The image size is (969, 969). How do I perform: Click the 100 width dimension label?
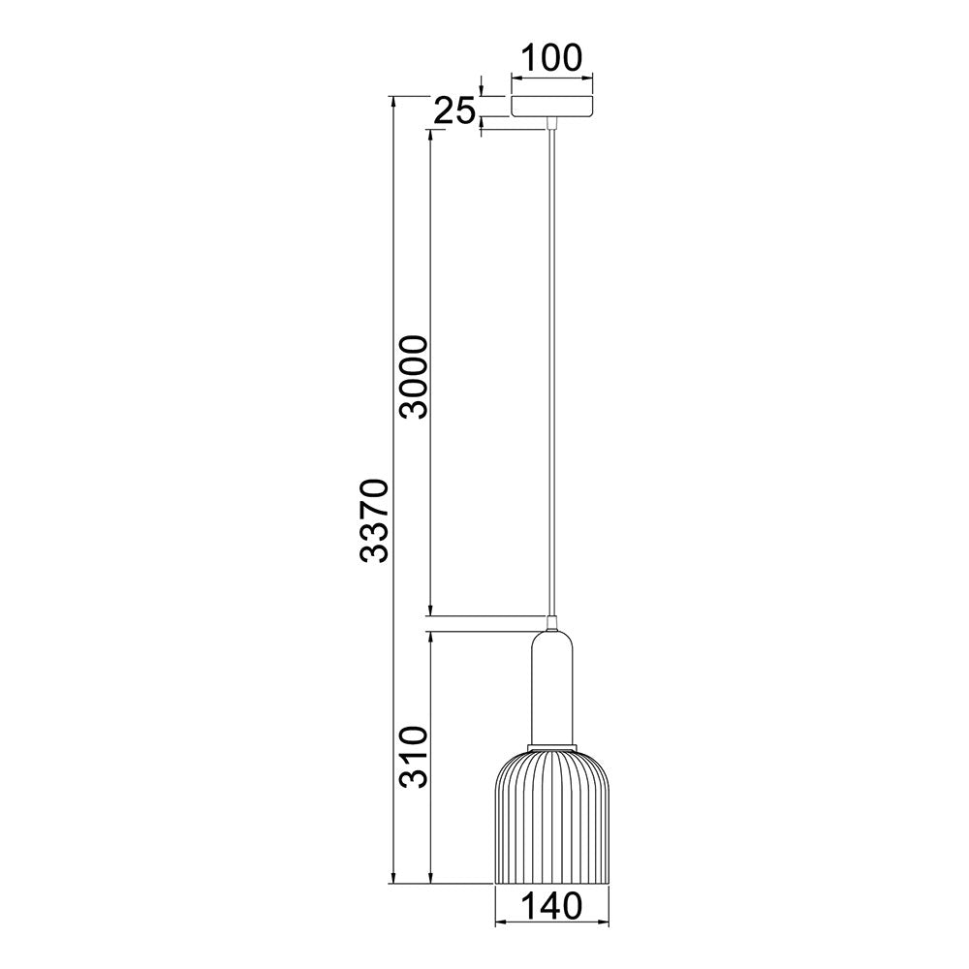pyautogui.click(x=552, y=58)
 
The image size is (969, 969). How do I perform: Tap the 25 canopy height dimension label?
pyautogui.click(x=453, y=111)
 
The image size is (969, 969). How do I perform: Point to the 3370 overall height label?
pyautogui.click(x=374, y=519)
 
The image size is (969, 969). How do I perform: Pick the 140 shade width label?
pyautogui.click(x=552, y=906)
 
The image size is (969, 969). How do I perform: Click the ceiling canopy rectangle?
pyautogui.click(x=552, y=106)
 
